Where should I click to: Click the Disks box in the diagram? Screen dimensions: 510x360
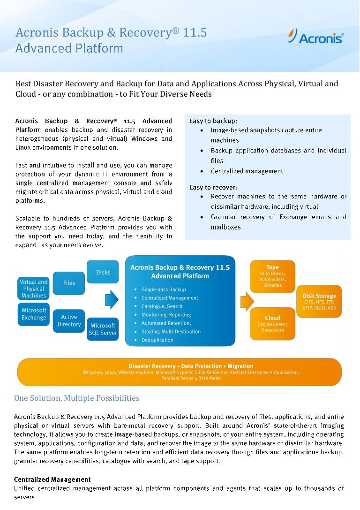pos(103,272)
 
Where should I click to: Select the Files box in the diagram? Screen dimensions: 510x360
pos(69,283)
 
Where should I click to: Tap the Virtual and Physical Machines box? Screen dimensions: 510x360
pos(33,289)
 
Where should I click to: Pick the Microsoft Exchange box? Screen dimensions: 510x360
pos(34,314)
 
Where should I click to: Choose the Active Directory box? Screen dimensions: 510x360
pos(69,321)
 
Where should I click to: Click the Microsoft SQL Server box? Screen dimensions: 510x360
pos(103,329)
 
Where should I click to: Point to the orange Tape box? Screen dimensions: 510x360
pos(272,276)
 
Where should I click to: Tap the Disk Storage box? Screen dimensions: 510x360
pos(319,302)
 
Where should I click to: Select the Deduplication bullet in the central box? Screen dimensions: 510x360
pos(157,340)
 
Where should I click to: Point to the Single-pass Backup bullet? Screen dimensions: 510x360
pos(164,289)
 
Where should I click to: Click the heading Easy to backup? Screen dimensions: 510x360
pos(213,121)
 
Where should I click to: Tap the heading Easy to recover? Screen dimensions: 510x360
pos(213,187)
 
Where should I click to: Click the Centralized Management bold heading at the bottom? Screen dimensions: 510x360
pos(52,480)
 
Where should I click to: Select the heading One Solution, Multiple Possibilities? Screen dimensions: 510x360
pos(77,398)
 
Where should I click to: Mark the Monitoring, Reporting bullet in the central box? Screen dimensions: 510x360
pos(166,315)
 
